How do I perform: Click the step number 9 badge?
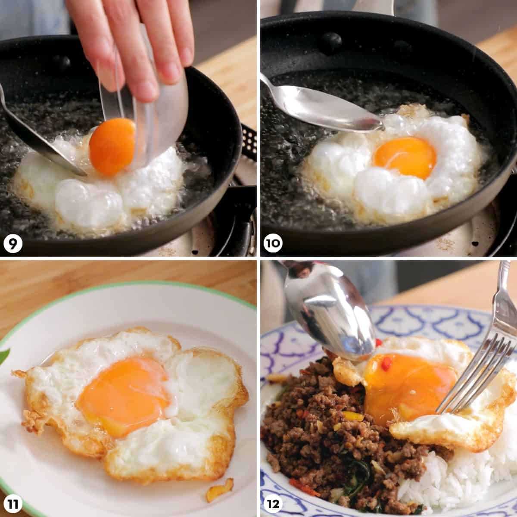13,243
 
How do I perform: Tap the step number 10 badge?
273,243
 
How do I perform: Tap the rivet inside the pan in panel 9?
62,62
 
